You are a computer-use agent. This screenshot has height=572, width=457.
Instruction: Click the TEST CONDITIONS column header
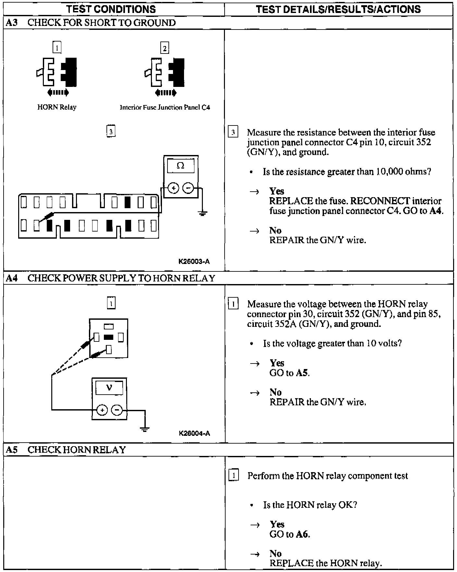click(111, 9)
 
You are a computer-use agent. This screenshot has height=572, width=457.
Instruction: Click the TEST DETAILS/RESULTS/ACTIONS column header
click(338, 9)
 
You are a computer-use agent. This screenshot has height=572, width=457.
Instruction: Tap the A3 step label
click(11, 23)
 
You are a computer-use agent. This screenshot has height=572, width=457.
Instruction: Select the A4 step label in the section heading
click(12, 278)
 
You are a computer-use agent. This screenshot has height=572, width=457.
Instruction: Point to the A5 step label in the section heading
click(12, 450)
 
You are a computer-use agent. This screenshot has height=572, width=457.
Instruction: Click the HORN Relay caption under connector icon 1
click(57, 107)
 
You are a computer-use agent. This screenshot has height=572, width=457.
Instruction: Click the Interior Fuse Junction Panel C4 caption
click(165, 107)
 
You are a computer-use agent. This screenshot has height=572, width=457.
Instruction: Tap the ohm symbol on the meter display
click(181, 166)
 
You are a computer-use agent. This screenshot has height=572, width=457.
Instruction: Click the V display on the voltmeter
click(109, 387)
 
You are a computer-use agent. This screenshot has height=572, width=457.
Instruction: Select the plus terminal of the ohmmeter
click(174, 188)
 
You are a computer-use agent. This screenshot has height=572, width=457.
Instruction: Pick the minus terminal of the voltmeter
click(117, 410)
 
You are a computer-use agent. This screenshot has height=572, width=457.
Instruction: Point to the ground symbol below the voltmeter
click(145, 430)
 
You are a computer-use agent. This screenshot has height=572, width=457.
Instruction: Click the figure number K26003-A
click(194, 261)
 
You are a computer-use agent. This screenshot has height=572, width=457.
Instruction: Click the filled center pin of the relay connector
click(109, 337)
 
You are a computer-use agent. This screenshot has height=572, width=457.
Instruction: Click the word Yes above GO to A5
click(277, 363)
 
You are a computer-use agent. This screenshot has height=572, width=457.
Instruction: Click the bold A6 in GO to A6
click(302, 534)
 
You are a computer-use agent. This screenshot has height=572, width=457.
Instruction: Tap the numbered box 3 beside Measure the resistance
click(233, 133)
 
